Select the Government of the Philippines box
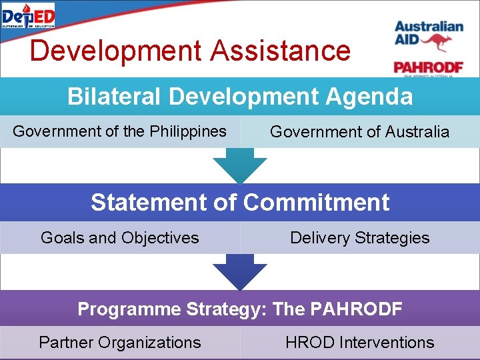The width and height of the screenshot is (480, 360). coord(120,131)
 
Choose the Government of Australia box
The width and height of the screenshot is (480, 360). coord(359,132)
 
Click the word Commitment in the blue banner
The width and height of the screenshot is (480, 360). coord(316,202)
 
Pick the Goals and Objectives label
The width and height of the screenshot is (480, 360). coord(120,237)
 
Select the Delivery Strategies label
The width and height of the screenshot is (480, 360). coord(359,237)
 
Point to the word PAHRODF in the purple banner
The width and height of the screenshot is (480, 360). coord(355,309)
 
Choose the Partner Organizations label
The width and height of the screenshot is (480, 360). coord(120,343)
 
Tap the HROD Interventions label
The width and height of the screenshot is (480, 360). coord(359,343)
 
